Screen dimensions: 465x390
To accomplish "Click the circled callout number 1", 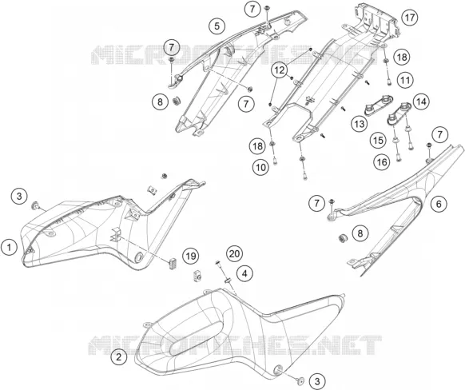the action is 10,247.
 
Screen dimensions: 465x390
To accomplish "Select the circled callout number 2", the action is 119,356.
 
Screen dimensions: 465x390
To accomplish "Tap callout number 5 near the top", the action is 217,26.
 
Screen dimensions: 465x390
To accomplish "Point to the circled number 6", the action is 439,204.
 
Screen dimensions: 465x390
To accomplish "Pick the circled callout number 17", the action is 410,18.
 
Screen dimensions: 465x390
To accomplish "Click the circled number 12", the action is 280,70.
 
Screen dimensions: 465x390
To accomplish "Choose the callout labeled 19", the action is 191,256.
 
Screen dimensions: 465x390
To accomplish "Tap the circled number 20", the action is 235,254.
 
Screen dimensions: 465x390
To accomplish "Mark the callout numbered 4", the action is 244,273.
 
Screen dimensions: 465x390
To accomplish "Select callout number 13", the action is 360,124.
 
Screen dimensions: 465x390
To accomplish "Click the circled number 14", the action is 421,102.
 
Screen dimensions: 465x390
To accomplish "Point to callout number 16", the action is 382,162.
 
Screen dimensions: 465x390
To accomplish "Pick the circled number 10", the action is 260,168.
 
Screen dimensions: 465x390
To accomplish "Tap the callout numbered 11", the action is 405,80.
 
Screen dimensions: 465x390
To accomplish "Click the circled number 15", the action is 378,141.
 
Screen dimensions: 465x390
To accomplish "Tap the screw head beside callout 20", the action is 217,262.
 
